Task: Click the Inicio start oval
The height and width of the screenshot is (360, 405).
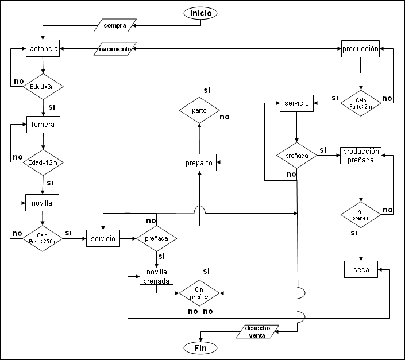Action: pyautogui.click(x=200, y=13)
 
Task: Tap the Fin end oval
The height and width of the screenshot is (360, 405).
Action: pyautogui.click(x=200, y=347)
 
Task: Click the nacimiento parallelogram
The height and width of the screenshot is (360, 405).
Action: pyautogui.click(x=115, y=49)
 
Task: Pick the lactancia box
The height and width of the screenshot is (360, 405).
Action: pyautogui.click(x=43, y=49)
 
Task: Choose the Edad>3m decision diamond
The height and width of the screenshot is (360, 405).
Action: pyautogui.click(x=43, y=86)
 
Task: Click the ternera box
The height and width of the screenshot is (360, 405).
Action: pyautogui.click(x=43, y=123)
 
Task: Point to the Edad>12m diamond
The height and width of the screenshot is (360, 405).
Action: pyautogui.click(x=43, y=162)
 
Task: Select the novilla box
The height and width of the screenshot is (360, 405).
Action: pyautogui.click(x=43, y=203)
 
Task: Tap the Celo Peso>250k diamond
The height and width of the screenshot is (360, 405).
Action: pyautogui.click(x=43, y=238)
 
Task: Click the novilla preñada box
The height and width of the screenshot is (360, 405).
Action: pyautogui.click(x=156, y=276)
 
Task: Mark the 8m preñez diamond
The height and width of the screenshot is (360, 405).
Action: pyautogui.click(x=199, y=293)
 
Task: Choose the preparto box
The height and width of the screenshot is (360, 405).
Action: pyautogui.click(x=199, y=163)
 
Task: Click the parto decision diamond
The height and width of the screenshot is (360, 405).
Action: pyautogui.click(x=199, y=109)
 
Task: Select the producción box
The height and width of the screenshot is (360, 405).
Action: pyautogui.click(x=360, y=49)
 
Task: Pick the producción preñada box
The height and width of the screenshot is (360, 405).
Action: pyautogui.click(x=360, y=156)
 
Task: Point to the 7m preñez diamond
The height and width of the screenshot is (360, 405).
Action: pyautogui.click(x=360, y=215)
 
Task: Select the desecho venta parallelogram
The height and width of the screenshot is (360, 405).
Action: pyautogui.click(x=257, y=331)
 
